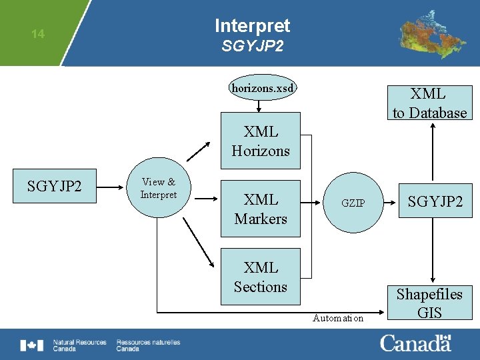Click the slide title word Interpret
(252, 26)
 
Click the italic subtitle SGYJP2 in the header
(252, 47)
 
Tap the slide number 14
(38, 34)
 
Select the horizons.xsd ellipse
(262, 87)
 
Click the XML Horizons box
(261, 141)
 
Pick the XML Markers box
(261, 209)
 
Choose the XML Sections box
(261, 277)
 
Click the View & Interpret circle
(159, 189)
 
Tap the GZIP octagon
(353, 203)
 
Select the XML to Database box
(429, 103)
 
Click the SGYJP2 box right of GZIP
(435, 201)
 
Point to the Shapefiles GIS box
(429, 303)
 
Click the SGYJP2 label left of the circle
(54, 185)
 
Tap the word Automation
(338, 319)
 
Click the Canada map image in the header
(432, 33)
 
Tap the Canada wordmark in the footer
(415, 344)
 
